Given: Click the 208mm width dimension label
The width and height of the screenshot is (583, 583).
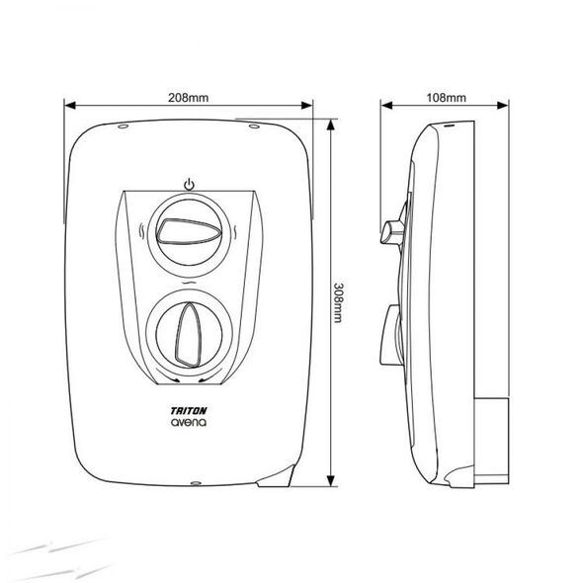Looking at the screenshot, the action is click(188, 98).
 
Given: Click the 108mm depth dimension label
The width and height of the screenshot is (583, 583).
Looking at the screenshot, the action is click(446, 98).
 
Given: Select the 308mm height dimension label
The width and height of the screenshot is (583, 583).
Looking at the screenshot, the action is click(338, 302).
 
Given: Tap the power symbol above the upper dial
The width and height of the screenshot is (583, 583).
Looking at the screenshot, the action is click(190, 185).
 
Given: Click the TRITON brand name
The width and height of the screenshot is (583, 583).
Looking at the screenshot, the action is click(189, 411).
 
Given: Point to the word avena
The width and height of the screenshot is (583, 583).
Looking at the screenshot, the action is click(189, 422).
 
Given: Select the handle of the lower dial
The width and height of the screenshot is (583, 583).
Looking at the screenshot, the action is click(189, 335).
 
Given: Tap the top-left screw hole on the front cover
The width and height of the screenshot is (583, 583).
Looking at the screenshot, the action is click(124, 126).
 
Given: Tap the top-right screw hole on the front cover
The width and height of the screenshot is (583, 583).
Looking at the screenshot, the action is click(254, 126).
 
